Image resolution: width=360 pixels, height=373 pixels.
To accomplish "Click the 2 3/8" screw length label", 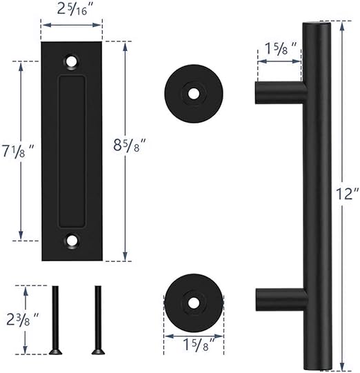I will [21, 320].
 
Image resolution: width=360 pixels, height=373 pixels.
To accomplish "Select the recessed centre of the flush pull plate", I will [72, 151].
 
